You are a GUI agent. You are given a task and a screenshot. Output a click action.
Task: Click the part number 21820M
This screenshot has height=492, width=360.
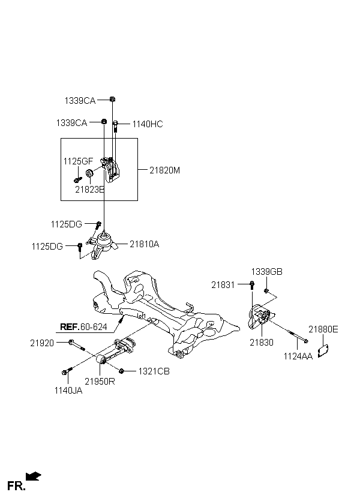tap(164, 170)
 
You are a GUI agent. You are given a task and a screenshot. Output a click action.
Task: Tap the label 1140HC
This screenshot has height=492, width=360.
tap(148, 124)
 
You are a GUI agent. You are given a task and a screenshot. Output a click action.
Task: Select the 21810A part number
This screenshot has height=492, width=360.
tap(145, 244)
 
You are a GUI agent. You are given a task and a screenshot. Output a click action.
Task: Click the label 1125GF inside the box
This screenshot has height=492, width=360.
tap(78, 161)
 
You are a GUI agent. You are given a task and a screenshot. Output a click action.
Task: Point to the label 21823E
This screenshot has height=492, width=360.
tap(89, 190)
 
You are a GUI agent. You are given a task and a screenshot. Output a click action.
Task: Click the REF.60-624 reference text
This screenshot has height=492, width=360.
tap(83, 327)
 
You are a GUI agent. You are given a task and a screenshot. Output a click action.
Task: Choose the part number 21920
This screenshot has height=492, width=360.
tap(42, 343)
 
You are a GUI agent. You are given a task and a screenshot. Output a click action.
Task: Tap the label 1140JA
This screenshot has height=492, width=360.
tap(68, 391)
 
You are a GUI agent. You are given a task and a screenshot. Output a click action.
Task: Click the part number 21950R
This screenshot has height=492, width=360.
tap(100, 382)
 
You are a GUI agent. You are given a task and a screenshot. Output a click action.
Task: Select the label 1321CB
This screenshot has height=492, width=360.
tap(154, 371)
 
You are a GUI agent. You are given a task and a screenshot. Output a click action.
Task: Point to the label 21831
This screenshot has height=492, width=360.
tap(223, 285)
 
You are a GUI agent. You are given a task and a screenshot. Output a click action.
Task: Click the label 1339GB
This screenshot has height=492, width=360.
tap(267, 272)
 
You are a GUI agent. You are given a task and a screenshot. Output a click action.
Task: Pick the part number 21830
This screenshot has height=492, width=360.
tap(262, 343)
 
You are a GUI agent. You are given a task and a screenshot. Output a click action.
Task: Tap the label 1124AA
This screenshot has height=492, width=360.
tap(298, 356)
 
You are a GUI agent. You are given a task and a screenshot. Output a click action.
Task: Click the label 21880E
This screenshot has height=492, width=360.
tap(323, 329)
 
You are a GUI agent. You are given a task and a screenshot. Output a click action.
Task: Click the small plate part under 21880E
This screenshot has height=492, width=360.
tap(323, 351)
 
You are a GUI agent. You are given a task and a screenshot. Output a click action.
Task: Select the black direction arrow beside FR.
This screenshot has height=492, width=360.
tap(33, 476)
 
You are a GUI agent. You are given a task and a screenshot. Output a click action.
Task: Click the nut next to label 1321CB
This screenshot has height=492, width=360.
tap(122, 371)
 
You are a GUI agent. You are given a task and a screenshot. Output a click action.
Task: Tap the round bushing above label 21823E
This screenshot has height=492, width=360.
tap(89, 173)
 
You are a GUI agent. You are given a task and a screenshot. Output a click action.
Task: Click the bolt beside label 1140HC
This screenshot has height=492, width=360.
tap(115, 127)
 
